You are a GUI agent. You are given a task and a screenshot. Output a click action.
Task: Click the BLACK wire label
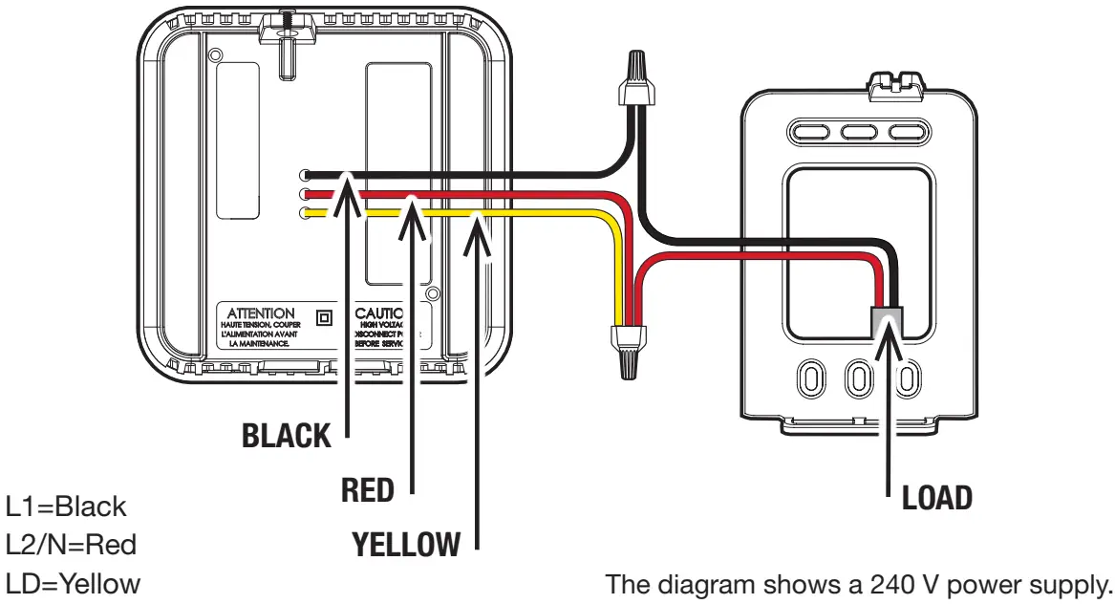pos(286,437)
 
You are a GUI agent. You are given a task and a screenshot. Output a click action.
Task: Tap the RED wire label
pos(368,491)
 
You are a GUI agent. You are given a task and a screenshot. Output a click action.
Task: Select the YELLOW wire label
pos(406,546)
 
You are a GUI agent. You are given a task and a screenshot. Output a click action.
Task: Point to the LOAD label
pos(937,497)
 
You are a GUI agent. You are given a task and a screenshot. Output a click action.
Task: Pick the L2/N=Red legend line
pos(72,545)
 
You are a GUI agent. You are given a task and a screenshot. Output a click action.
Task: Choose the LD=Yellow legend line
pos(74,583)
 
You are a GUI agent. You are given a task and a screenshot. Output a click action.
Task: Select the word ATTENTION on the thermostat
pos(261,313)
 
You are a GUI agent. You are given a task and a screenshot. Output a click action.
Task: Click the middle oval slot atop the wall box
pos(858,131)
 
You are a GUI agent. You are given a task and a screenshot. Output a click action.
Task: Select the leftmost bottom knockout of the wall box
pos(810,378)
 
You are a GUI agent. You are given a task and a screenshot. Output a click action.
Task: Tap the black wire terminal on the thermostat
pos(305,175)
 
